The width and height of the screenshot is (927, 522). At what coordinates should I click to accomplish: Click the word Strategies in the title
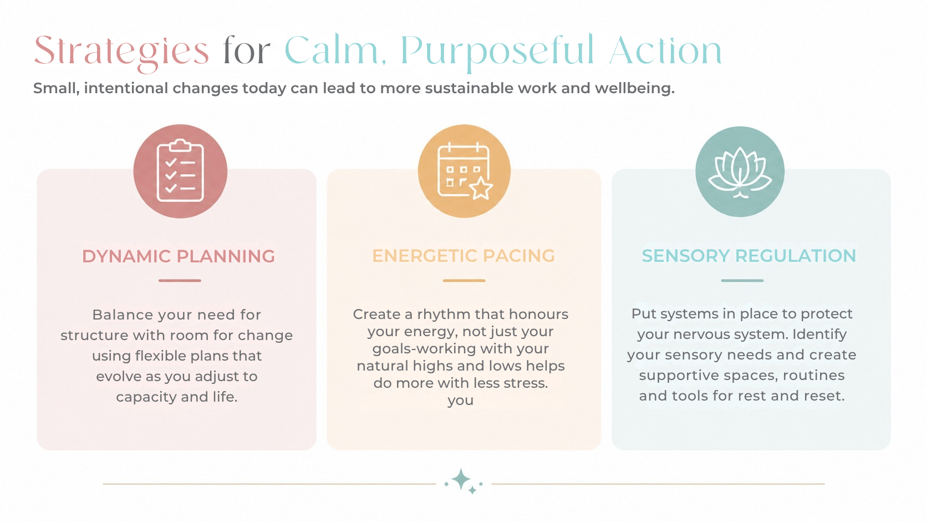click(121, 52)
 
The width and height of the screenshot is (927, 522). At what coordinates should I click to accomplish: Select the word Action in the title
click(665, 50)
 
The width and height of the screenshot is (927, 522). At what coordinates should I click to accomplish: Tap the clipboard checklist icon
click(180, 170)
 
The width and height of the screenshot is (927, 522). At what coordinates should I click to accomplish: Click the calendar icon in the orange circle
click(464, 170)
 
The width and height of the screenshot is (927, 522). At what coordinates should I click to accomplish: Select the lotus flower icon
click(740, 172)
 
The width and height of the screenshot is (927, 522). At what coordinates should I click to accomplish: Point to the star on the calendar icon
click(481, 189)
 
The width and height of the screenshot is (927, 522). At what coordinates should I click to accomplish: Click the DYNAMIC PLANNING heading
click(179, 256)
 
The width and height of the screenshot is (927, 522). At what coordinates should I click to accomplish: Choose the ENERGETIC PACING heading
click(463, 256)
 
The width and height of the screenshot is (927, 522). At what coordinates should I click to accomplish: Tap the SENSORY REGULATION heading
click(748, 256)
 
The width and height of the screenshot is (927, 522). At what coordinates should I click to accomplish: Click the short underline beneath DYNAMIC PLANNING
click(180, 281)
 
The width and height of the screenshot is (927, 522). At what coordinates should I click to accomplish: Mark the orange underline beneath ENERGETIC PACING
click(464, 281)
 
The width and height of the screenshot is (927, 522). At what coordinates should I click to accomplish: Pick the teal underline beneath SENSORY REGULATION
click(742, 281)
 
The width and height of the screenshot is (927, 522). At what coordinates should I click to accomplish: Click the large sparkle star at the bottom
click(461, 480)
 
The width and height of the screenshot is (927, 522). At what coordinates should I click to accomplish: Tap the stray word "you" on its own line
click(461, 401)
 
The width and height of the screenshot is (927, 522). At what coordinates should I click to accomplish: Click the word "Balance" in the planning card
click(123, 315)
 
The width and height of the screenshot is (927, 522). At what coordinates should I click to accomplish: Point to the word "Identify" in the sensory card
click(819, 335)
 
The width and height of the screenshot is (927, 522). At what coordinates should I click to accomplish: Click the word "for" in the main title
click(247, 50)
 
